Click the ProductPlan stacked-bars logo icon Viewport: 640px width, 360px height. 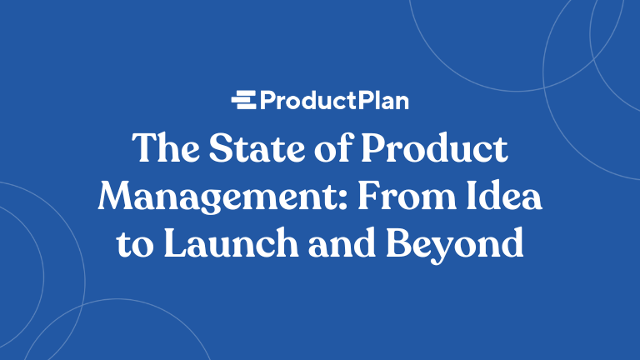pos(243,101)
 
